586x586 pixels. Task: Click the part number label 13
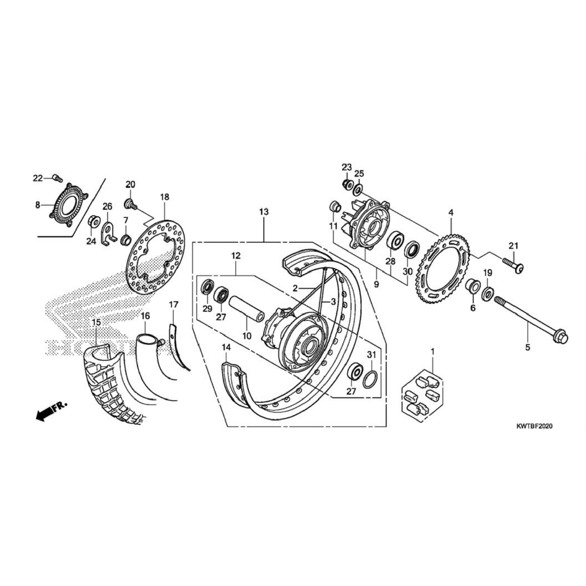point(264,212)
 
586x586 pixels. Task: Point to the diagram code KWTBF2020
point(534,426)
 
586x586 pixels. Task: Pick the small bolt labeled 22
point(57,178)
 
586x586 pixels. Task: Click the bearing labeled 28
point(394,241)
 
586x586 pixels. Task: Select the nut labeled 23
point(347,184)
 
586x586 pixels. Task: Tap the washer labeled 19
point(488,293)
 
